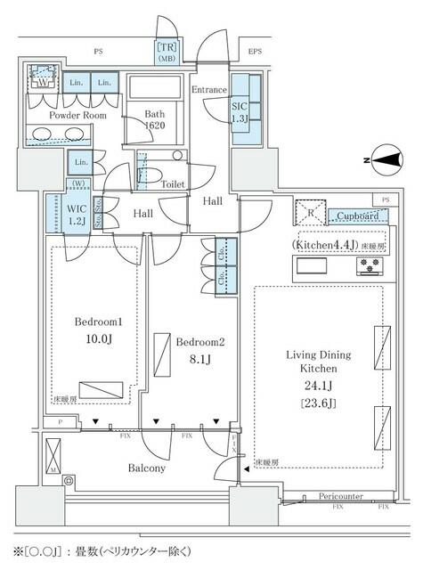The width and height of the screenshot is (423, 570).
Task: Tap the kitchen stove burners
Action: click(370, 265)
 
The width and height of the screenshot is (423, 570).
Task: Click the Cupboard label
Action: click(362, 216)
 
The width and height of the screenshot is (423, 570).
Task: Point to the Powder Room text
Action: click(53, 115)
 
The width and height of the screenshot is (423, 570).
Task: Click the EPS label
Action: click(256, 53)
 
